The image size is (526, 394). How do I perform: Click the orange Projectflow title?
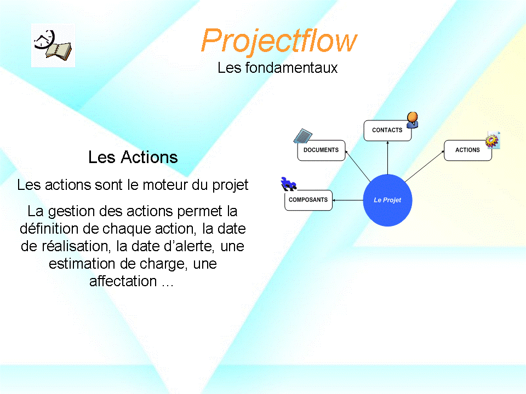[279, 41]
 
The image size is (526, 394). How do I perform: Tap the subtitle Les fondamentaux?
[277, 68]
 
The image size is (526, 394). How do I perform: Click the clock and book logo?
[53, 45]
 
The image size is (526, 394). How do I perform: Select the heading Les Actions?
[133, 157]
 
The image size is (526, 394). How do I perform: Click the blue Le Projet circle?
[387, 200]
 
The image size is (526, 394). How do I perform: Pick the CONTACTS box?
[387, 130]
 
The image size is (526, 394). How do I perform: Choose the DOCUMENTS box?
[322, 150]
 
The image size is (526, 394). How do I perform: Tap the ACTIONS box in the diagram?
[467, 150]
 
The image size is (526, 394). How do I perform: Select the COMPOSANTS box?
[308, 200]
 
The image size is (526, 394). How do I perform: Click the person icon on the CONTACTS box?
[412, 120]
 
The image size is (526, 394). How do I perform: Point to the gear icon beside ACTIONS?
[493, 140]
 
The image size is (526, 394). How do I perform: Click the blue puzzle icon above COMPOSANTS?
[288, 184]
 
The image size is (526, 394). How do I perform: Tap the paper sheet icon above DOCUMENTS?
[303, 136]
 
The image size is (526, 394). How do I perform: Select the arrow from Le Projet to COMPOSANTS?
[348, 200]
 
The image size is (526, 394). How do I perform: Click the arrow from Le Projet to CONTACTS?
[388, 158]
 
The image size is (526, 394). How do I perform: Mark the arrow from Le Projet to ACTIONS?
[425, 166]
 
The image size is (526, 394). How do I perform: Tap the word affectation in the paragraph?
[123, 281]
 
